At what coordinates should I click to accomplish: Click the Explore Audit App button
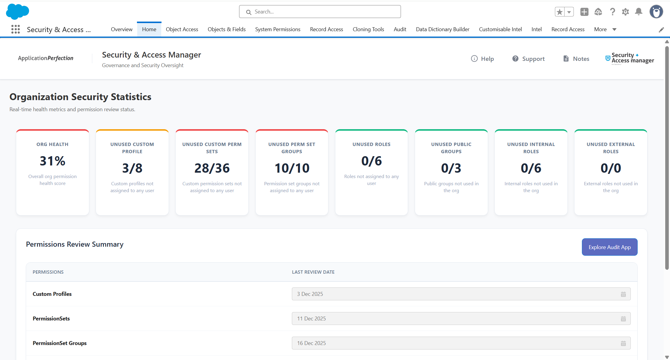[609, 247]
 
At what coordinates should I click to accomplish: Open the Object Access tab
[182, 29]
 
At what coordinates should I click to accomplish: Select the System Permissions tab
[278, 29]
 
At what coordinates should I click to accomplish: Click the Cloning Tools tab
[368, 29]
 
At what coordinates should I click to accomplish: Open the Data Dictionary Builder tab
[443, 29]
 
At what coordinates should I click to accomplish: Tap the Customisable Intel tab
[500, 29]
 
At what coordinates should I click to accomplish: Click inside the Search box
[320, 12]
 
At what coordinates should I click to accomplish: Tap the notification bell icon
[639, 12]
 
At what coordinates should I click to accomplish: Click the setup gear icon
[625, 12]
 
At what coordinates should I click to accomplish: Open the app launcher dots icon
[16, 29]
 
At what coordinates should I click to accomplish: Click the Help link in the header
[482, 59]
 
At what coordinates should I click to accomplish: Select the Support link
[529, 59]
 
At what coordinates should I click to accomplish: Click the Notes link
[576, 59]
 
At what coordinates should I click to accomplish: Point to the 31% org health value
[52, 161]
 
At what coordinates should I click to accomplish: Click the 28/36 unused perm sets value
[212, 168]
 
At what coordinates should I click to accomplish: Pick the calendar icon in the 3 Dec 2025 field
[623, 294]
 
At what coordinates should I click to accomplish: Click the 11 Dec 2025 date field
[461, 319]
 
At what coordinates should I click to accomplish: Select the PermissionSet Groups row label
[60, 343]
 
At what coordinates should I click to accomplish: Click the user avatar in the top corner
[656, 12]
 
